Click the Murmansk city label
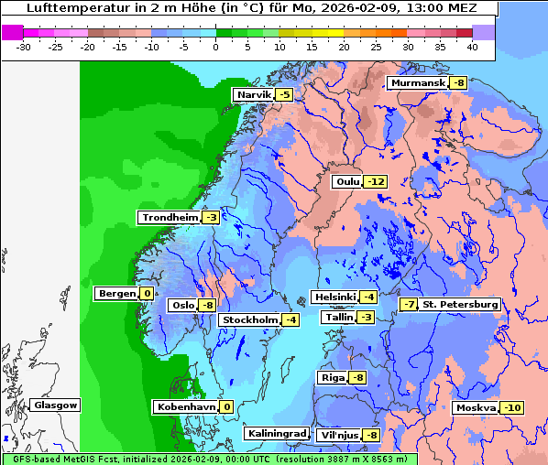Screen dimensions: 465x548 417,83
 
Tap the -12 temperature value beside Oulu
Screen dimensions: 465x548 376,181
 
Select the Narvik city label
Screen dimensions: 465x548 254,94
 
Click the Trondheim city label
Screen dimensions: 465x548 169,217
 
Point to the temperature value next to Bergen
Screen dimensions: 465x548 147,294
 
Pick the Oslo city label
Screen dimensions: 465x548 182,305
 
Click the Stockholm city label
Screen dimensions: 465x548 248,319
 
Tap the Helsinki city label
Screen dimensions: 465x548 334,297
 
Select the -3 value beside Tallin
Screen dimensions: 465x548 367,317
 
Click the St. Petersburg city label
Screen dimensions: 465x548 460,304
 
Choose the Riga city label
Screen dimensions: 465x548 332,377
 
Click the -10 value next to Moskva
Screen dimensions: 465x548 513,407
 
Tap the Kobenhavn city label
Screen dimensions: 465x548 184,406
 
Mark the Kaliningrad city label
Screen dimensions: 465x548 275,433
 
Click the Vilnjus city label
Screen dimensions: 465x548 339,434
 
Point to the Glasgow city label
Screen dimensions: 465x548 55,405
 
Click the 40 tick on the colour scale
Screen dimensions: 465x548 472,46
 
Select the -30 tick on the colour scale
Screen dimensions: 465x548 24,46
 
